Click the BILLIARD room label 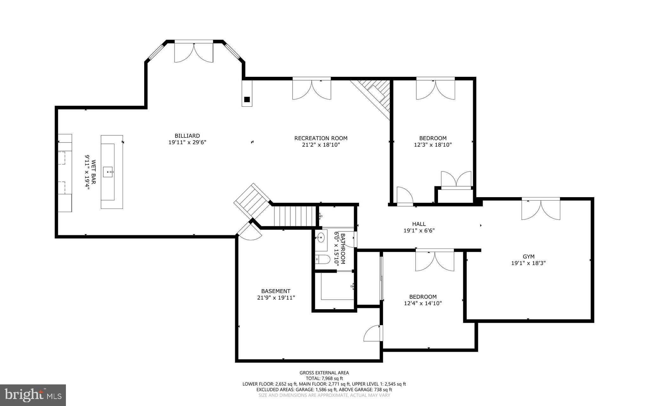(x=187, y=136)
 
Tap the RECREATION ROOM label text (x=321, y=138)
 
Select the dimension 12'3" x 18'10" (x=433, y=145)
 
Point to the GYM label (x=528, y=256)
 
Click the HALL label (x=419, y=224)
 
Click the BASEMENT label (x=276, y=291)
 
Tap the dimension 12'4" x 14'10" (x=423, y=303)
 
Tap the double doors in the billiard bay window (x=194, y=52)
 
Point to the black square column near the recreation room (x=247, y=99)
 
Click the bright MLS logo (x=33, y=395)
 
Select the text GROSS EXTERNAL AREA (x=324, y=373)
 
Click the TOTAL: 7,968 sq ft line (x=324, y=378)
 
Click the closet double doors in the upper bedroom (x=456, y=180)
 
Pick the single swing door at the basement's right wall (x=373, y=333)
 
